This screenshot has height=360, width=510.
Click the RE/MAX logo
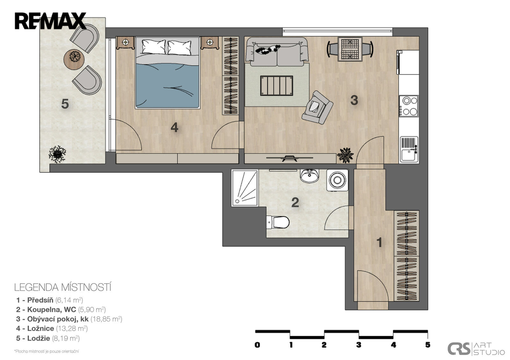pos(50,21)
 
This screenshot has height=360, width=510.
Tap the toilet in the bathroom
pos(278,223)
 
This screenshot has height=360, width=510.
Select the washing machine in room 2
pos(337,179)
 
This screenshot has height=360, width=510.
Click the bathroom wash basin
pos(309,176)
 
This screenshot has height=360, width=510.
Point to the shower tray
pos(245,188)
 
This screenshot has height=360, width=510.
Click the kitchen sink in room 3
pos(409,149)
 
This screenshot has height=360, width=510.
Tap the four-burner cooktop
pos(409,106)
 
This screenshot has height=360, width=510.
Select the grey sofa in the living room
pos(276,51)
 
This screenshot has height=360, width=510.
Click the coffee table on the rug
pos(276,86)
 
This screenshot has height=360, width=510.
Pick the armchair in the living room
pos(317,108)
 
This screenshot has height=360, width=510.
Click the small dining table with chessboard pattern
pos(350,49)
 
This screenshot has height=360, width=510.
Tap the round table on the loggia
pos(75,59)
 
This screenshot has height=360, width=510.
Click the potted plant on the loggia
pos(57,154)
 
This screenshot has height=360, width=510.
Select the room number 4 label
pos(174,127)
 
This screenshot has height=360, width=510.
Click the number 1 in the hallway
pos(379,242)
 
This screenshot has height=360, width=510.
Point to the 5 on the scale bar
pos(428,345)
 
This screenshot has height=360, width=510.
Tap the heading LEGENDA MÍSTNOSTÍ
pos(63,287)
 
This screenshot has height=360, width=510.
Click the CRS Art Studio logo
pos(476,349)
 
